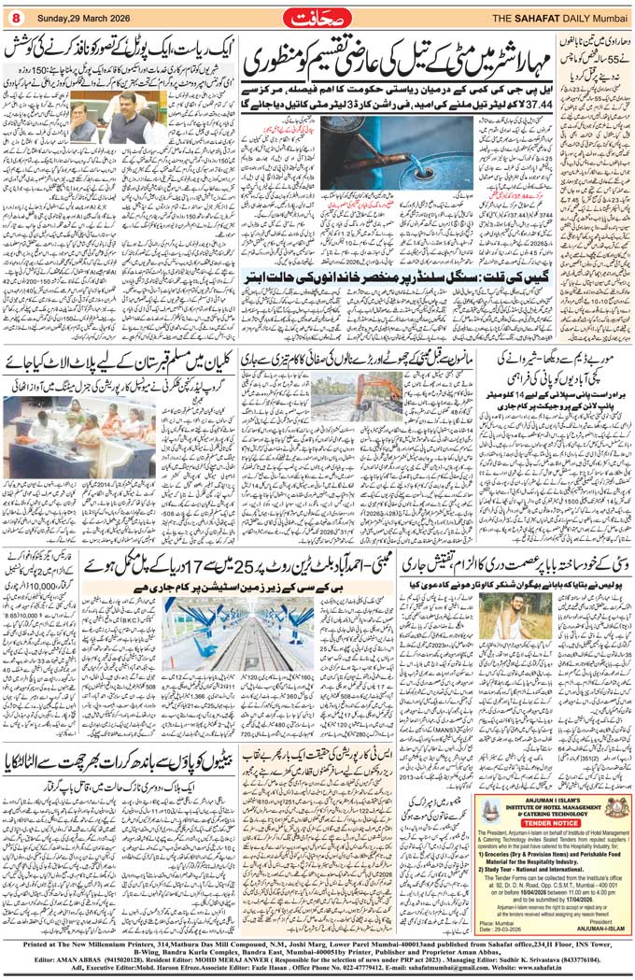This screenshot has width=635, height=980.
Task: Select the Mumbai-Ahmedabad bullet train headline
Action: [243, 566]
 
